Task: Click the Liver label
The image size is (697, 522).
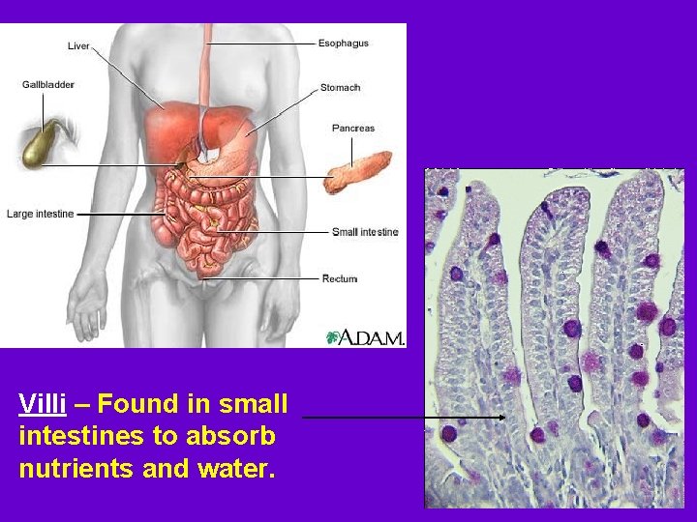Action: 78,45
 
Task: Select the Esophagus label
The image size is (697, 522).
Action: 343,43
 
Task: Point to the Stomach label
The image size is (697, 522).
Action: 340,87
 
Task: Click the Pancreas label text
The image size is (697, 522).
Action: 352,128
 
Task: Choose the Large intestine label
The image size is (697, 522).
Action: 40,214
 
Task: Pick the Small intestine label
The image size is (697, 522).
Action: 364,232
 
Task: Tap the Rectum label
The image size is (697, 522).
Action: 339,278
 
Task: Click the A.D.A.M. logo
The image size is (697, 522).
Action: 366,336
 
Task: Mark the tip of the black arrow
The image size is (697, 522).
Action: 505,418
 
